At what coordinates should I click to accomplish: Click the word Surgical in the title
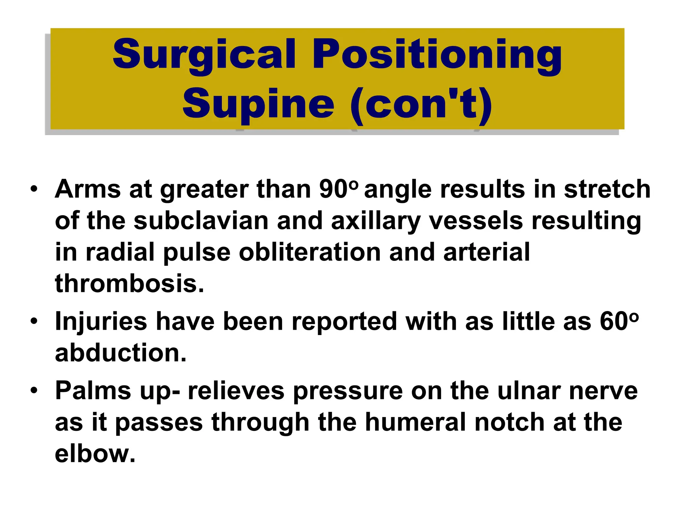204,54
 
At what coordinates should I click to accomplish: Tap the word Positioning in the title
437,54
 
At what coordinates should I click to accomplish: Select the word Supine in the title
258,104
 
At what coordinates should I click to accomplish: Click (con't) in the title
421,104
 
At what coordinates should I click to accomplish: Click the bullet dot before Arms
34,189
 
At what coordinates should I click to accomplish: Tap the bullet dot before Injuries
34,321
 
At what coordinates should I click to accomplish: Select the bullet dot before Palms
34,390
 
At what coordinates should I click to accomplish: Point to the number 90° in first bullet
337,189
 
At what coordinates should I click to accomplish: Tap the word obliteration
309,252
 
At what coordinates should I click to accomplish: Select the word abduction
121,353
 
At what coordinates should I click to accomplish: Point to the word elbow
95,454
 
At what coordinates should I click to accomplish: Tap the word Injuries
101,321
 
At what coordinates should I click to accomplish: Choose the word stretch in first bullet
607,189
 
